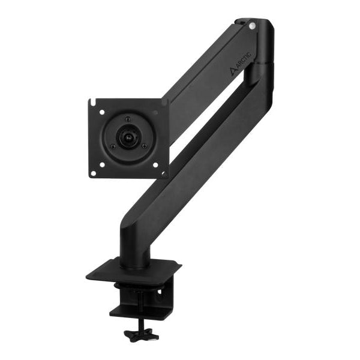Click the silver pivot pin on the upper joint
pos(252,26)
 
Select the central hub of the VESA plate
pos(127,137)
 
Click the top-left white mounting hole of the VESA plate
pos(101,112)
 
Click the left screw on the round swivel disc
pos(112,145)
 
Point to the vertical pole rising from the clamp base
pos(134,249)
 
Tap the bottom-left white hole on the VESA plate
pos(93,173)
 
